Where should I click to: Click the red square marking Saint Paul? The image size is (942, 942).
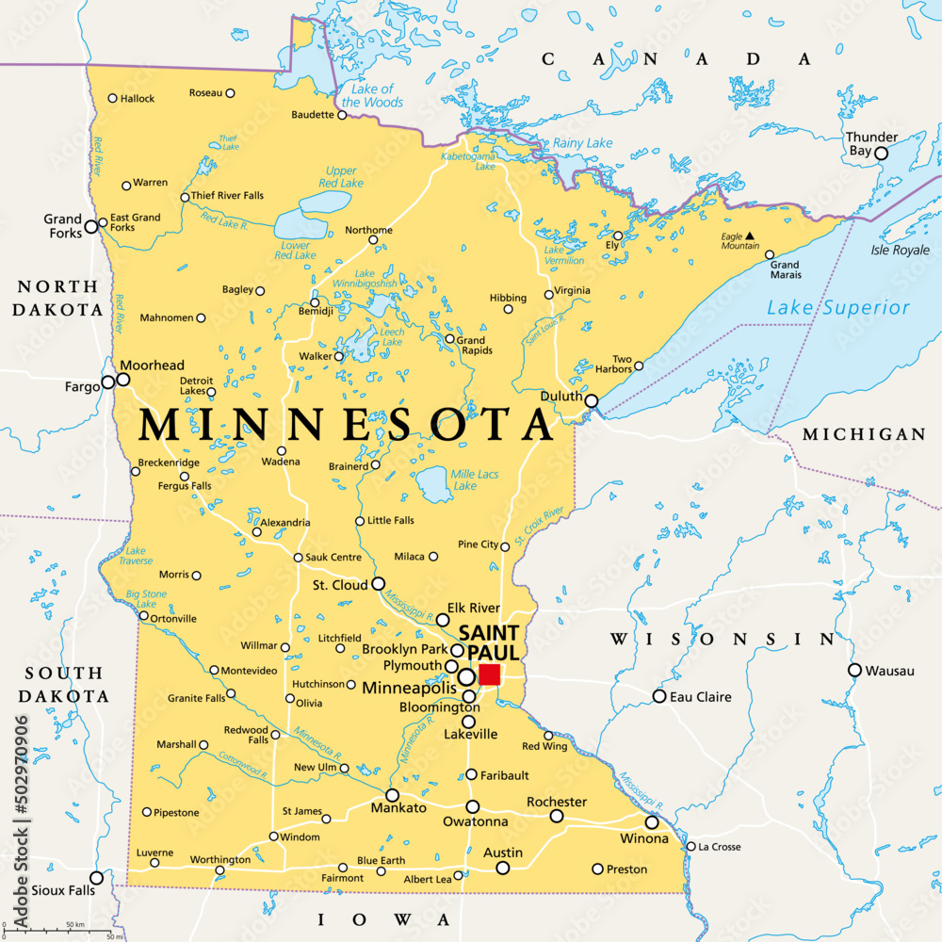(489, 674)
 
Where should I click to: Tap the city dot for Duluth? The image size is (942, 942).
(592, 401)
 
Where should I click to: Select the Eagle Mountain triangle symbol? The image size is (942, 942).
(751, 235)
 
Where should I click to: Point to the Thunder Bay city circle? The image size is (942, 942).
(881, 154)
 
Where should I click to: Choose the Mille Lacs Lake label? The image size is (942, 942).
(476, 479)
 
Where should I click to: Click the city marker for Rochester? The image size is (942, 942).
(557, 817)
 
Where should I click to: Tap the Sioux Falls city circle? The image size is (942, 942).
(96, 878)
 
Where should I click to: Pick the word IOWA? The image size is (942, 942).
(383, 918)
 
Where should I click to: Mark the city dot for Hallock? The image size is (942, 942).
(112, 98)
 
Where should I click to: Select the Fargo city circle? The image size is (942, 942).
(108, 382)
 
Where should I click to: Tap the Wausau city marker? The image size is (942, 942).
(854, 671)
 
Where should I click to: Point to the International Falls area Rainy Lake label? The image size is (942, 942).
(582, 143)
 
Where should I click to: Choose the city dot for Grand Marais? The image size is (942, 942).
(770, 254)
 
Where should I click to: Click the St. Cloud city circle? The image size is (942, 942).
(379, 584)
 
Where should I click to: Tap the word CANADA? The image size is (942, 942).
(675, 59)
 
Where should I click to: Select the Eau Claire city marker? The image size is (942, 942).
(659, 696)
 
